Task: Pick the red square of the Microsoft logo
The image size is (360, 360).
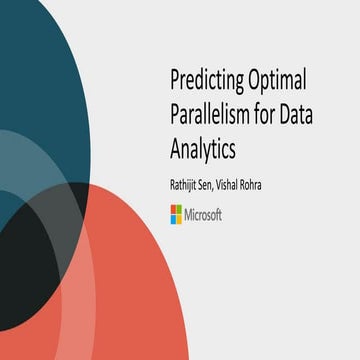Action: tap(172, 210)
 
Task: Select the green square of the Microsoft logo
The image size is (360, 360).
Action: tap(179, 210)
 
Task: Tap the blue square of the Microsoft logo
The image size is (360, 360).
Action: tap(172, 218)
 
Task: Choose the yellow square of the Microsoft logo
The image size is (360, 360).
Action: tap(179, 218)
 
